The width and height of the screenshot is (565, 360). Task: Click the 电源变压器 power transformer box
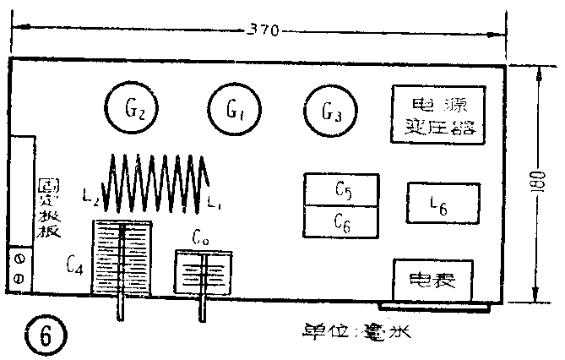point(437,116)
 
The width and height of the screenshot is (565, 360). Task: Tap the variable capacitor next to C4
point(122,258)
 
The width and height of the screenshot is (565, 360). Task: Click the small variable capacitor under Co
point(203,273)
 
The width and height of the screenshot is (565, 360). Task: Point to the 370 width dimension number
point(263,32)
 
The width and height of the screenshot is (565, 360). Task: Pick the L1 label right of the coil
point(215,203)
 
